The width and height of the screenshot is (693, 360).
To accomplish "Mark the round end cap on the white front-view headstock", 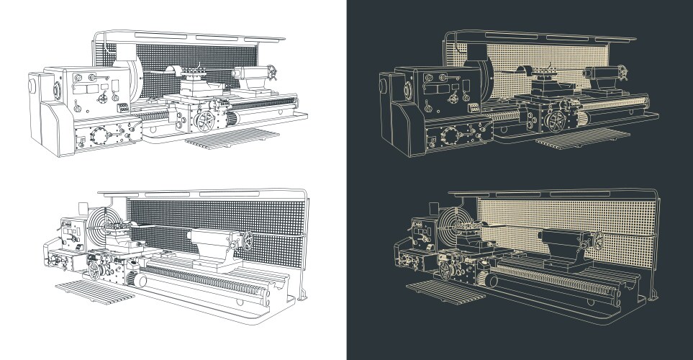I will [32, 84].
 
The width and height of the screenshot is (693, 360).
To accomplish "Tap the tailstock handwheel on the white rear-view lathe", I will [247, 240].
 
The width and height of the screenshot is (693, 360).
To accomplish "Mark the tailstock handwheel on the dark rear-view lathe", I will [597, 240].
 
